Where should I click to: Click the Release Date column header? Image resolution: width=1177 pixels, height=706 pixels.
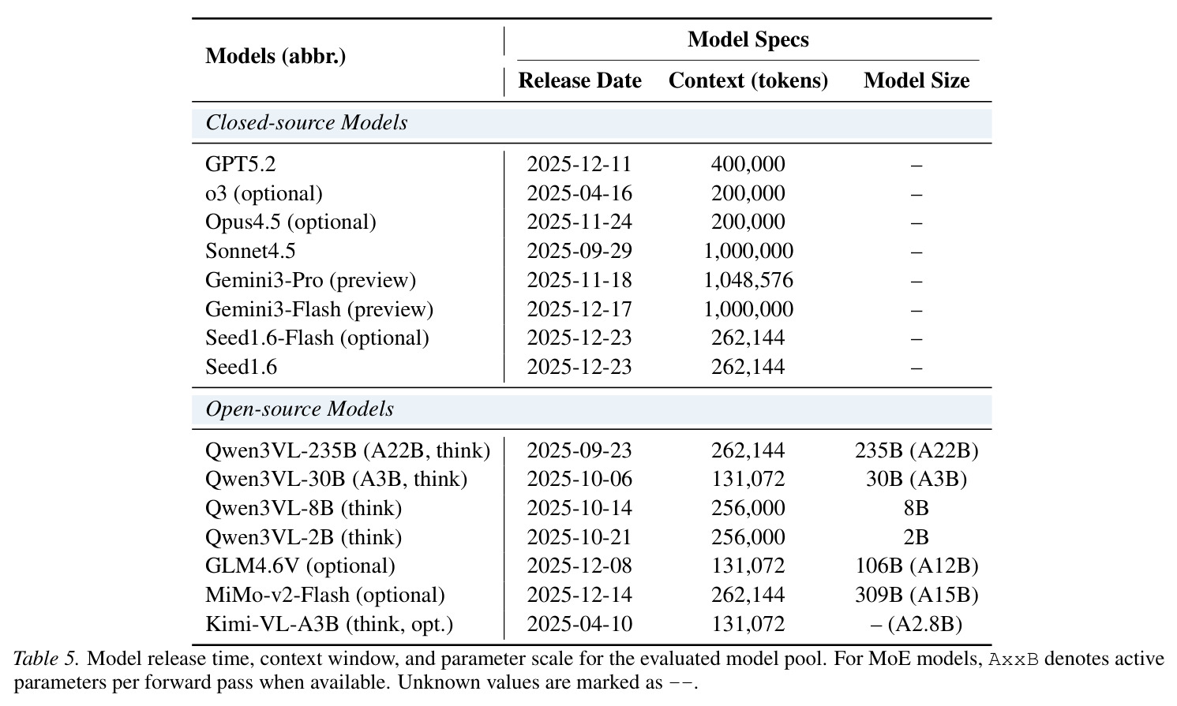579,80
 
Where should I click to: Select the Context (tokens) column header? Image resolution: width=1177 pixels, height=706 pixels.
748,80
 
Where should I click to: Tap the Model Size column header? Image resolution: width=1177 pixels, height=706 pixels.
916,80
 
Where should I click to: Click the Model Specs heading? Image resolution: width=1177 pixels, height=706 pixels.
748,39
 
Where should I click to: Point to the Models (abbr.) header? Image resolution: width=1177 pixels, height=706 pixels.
276,56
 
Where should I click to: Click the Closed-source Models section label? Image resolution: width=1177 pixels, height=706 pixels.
306,122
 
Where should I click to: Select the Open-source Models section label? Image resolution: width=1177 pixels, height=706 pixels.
299,409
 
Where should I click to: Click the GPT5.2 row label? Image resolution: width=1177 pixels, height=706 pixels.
240,164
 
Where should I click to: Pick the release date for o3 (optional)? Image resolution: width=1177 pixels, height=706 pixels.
579,193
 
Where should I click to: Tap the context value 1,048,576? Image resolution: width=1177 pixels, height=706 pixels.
748,280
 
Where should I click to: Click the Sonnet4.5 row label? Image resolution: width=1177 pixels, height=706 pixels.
250,251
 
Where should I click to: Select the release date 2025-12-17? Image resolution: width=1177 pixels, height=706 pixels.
579,309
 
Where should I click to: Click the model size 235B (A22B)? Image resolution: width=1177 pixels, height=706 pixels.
916,450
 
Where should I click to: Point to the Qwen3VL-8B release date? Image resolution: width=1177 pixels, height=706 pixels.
579,508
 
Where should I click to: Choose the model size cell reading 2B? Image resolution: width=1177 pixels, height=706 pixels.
916,537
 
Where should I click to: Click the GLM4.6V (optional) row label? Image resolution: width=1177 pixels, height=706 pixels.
300,566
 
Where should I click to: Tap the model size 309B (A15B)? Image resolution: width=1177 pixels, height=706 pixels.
916,595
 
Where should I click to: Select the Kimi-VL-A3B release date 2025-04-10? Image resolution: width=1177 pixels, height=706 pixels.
579,624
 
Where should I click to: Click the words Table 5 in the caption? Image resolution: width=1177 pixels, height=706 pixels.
46,658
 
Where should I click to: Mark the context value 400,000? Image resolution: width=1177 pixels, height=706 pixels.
748,164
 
